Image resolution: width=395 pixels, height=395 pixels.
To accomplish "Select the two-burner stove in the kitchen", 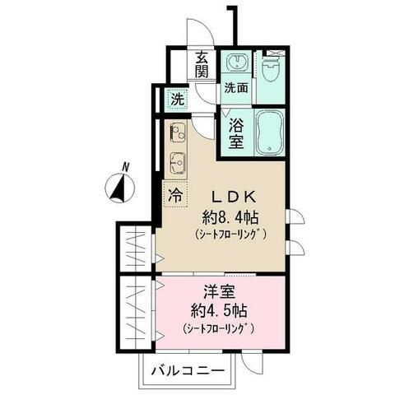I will pyautogui.click(x=178, y=132).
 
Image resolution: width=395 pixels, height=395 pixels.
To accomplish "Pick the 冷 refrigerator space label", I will pyautogui.click(x=175, y=195).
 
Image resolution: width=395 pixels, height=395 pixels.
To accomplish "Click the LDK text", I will pyautogui.click(x=236, y=196).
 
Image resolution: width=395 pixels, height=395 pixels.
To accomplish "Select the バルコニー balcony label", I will pyautogui.click(x=188, y=372).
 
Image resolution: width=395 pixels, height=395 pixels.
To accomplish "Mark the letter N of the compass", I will pyautogui.click(x=124, y=167).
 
